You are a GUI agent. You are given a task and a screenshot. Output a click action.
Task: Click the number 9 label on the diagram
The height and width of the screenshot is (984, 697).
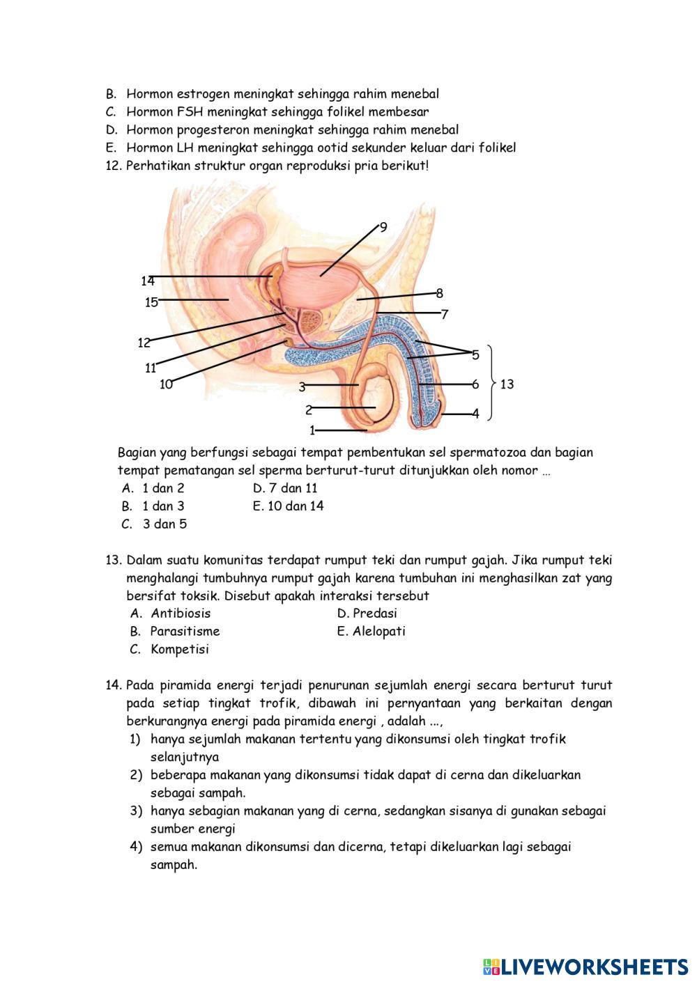point(383,227)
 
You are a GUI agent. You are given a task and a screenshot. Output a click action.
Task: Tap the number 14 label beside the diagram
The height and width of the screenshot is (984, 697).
point(147,281)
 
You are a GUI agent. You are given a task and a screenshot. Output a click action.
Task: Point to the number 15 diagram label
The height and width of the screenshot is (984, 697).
point(151,302)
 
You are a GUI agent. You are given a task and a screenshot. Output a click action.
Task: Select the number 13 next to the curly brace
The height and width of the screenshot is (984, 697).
point(507,384)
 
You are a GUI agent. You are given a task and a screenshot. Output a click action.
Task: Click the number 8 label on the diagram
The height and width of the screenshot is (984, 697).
point(439,293)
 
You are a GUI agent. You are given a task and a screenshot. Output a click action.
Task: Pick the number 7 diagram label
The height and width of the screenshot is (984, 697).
point(444,314)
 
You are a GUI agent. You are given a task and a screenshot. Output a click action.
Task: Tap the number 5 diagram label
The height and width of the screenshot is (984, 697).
point(475,355)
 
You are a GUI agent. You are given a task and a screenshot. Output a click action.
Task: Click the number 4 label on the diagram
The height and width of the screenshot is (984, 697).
point(475,414)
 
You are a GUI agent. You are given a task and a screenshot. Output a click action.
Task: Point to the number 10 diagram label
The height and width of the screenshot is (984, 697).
point(166,384)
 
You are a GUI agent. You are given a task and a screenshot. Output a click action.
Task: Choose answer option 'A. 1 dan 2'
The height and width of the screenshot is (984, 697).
point(153,488)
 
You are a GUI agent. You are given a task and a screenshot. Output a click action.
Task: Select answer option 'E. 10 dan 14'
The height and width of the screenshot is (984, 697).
point(289,506)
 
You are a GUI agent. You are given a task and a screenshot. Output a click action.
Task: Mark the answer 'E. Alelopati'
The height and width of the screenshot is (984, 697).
point(371,632)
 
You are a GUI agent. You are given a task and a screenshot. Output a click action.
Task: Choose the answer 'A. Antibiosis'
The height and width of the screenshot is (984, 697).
point(171,614)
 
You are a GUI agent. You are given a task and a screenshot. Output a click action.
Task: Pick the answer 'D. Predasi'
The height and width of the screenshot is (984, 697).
point(367,614)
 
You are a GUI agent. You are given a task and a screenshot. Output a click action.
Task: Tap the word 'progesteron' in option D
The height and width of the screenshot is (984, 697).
point(213,130)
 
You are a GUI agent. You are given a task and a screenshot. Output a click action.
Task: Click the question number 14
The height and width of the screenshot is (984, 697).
point(114,685)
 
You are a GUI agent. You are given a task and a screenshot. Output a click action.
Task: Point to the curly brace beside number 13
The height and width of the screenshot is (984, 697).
point(491,383)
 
